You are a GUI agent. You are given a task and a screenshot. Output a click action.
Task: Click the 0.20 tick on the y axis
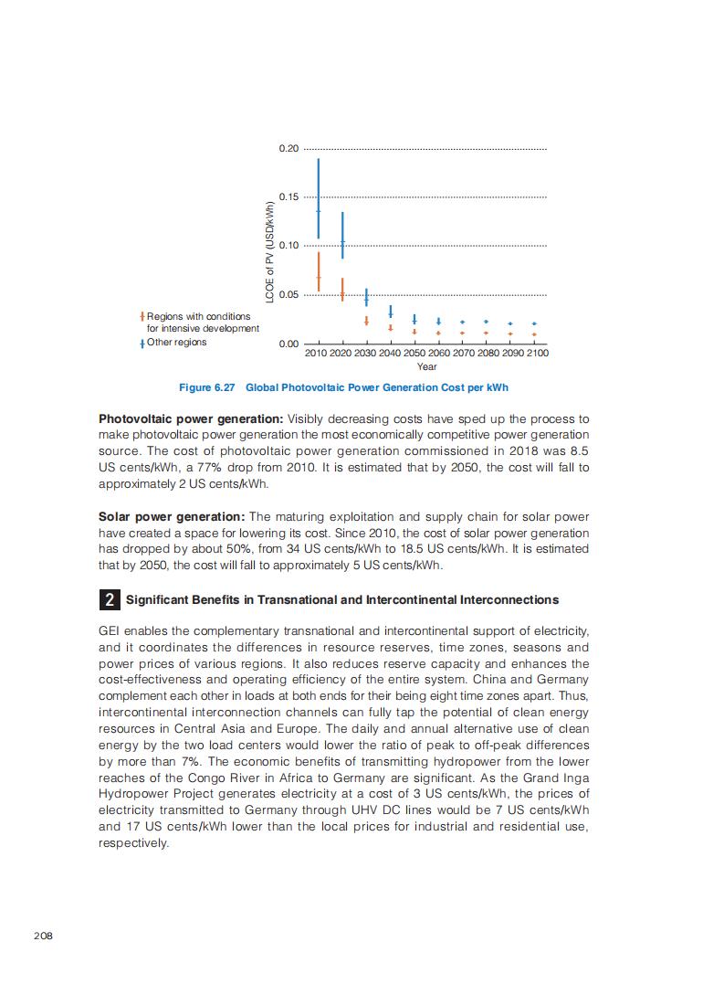(289, 148)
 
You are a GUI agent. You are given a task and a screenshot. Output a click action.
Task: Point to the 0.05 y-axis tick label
(289, 294)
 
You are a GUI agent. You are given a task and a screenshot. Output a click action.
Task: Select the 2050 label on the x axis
(414, 353)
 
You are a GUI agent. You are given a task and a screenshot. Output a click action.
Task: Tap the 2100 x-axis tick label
(538, 353)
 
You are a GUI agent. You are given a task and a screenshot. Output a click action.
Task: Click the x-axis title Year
(426, 366)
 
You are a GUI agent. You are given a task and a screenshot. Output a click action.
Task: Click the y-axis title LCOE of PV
(270, 251)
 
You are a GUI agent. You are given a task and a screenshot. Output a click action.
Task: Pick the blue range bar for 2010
(319, 198)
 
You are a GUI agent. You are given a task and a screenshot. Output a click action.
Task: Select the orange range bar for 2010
(319, 272)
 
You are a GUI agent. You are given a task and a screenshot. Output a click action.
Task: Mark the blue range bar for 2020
(342, 236)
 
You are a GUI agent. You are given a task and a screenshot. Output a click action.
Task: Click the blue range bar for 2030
(366, 297)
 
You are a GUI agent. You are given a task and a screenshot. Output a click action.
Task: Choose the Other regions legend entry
(176, 343)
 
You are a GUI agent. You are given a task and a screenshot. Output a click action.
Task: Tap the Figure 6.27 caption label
(207, 387)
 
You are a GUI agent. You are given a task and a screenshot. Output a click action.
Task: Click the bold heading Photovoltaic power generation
(191, 419)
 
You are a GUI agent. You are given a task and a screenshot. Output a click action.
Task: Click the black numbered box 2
(109, 600)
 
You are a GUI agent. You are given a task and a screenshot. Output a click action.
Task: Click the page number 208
(43, 936)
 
